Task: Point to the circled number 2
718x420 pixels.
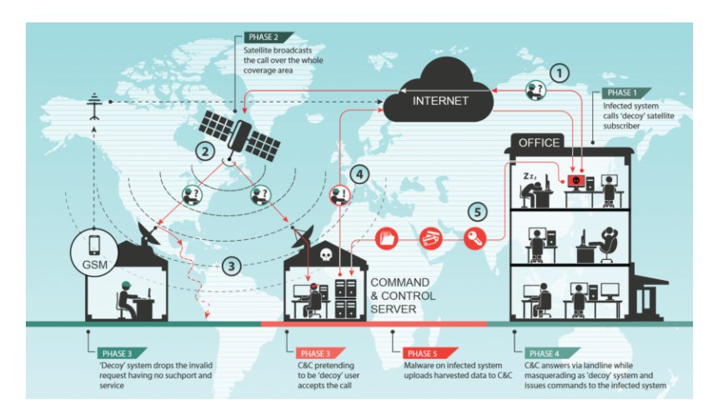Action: coord(202,152)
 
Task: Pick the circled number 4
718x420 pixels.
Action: coord(359,174)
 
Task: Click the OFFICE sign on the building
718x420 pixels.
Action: coord(539,142)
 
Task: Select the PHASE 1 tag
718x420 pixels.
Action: coord(622,92)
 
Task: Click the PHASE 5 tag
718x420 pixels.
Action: coord(419,352)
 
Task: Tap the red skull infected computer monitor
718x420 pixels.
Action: coord(575,181)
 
